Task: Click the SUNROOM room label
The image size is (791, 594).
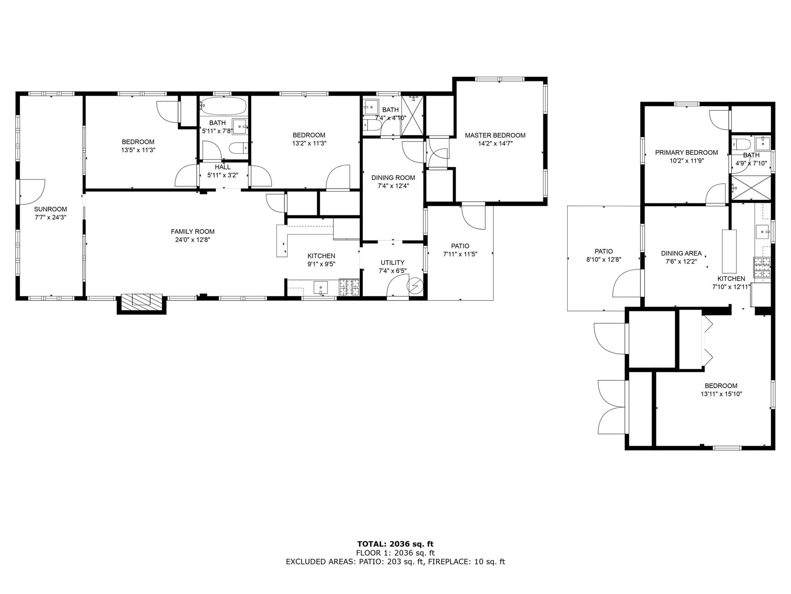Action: pyautogui.click(x=50, y=209)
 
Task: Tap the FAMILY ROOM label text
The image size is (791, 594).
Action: pyautogui.click(x=193, y=232)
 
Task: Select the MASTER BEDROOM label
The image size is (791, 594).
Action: pyautogui.click(x=495, y=135)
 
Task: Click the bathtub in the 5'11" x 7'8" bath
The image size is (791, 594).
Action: pyautogui.click(x=224, y=106)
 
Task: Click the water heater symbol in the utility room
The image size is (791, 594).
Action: pyautogui.click(x=415, y=286)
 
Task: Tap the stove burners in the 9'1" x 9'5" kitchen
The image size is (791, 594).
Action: pyautogui.click(x=349, y=287)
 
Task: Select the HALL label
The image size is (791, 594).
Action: pyautogui.click(x=223, y=167)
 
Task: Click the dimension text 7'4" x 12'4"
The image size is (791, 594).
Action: pyautogui.click(x=393, y=186)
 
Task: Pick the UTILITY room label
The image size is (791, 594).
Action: pyautogui.click(x=393, y=263)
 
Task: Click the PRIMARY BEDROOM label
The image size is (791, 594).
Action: pyautogui.click(x=687, y=153)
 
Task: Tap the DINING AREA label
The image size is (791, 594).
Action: pyautogui.click(x=681, y=254)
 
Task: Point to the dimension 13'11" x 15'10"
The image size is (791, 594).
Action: pyautogui.click(x=721, y=394)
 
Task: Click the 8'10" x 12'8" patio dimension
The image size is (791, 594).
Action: pyautogui.click(x=604, y=260)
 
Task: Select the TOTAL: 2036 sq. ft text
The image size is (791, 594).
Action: pyautogui.click(x=395, y=544)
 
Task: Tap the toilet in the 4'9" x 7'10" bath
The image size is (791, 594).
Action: pyautogui.click(x=740, y=144)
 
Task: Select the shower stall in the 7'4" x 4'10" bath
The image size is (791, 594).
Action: pyautogui.click(x=412, y=116)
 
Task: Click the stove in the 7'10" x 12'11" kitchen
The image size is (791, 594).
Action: pyautogui.click(x=762, y=268)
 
